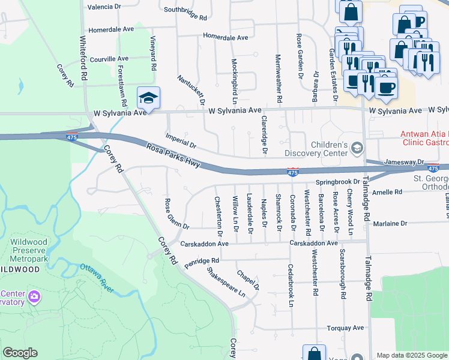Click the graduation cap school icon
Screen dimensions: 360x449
(149, 98)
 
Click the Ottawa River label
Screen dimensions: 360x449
(97, 278)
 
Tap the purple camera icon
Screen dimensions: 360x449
(34, 296)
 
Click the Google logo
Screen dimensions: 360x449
(20, 353)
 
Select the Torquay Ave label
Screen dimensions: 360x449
(345, 328)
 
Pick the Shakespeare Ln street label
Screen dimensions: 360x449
(226, 283)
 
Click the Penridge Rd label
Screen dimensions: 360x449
(202, 262)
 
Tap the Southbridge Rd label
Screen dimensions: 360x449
(185, 10)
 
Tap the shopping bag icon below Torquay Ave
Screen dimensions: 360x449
(313, 353)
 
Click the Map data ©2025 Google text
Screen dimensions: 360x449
(412, 355)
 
